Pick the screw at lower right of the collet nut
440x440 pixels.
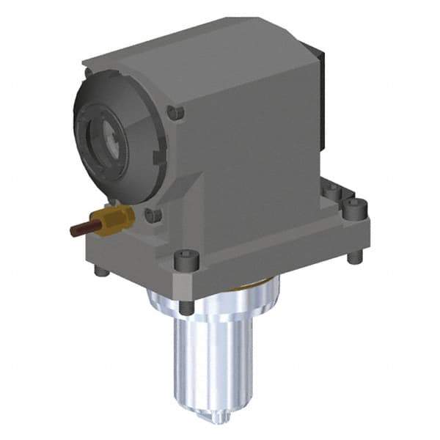[152, 214]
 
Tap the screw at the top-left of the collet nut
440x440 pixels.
[88, 73]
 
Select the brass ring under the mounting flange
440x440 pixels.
[253, 283]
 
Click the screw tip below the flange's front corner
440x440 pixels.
[186, 307]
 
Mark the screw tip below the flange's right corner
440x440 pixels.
[355, 257]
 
